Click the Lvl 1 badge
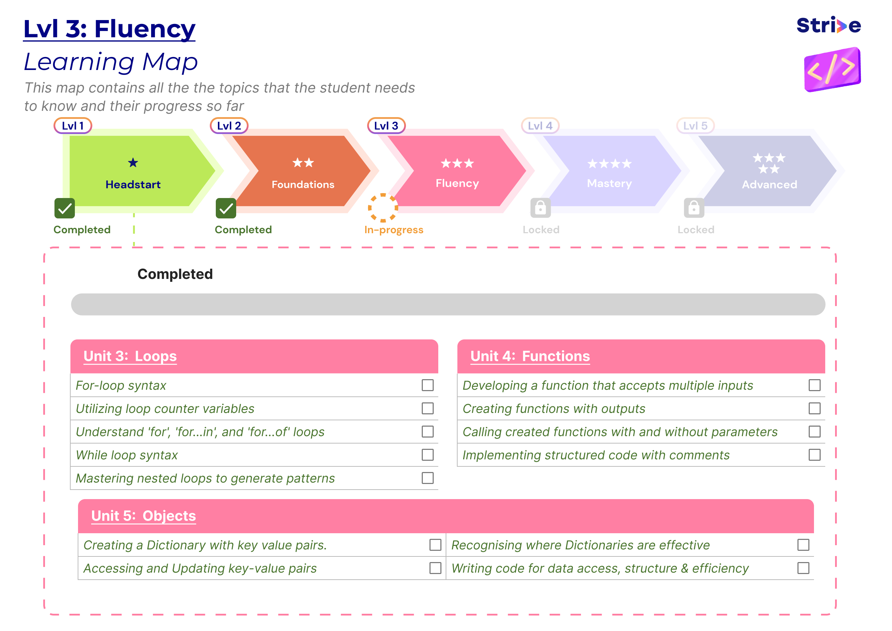pos(73,126)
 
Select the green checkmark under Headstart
pos(64,208)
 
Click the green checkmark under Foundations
pos(226,208)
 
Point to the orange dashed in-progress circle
pos(383,208)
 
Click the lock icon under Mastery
pos(541,208)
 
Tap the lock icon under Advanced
pos(694,208)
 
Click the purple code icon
pos(832,69)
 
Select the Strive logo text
pos(828,26)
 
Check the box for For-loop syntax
pos(427,385)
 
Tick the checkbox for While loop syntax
pos(427,455)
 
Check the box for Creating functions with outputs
pos(814,408)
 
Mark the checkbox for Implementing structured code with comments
pos(814,455)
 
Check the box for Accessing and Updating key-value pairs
pos(435,568)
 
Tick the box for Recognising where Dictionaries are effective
pos(803,545)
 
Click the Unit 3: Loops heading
pos(130,356)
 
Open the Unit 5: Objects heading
pos(143,516)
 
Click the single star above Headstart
pos(133,162)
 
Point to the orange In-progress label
pos(394,230)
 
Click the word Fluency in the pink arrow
pos(457,183)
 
